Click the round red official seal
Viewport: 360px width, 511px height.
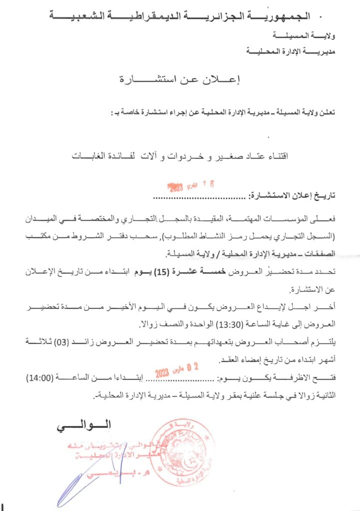coord(181,452)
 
